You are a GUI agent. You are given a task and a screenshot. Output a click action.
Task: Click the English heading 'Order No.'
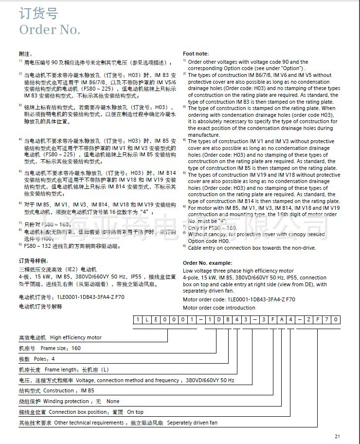(50, 30)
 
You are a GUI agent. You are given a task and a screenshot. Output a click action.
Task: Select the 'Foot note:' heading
(196, 54)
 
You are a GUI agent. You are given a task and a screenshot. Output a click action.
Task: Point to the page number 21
(338, 436)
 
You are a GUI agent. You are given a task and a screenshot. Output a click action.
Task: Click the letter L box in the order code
(146, 319)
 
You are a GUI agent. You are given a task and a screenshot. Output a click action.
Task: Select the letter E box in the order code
(155, 319)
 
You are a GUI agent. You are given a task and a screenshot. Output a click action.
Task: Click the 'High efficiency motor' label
(75, 337)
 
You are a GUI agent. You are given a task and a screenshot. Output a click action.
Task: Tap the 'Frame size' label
(55, 348)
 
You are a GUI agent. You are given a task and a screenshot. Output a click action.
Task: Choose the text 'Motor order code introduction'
(219, 308)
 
